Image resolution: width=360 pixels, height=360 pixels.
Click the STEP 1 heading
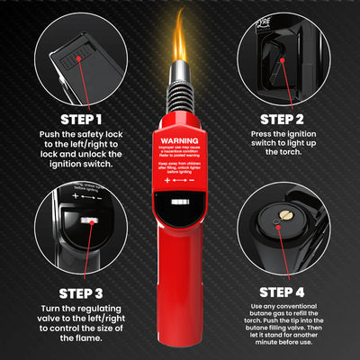[x=75, y=118]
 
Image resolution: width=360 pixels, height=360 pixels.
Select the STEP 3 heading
[x=75, y=292]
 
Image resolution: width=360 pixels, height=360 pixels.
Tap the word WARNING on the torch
[x=179, y=141]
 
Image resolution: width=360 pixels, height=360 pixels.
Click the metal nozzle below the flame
[x=180, y=90]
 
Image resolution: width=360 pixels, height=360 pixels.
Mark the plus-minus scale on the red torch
[x=179, y=181]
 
